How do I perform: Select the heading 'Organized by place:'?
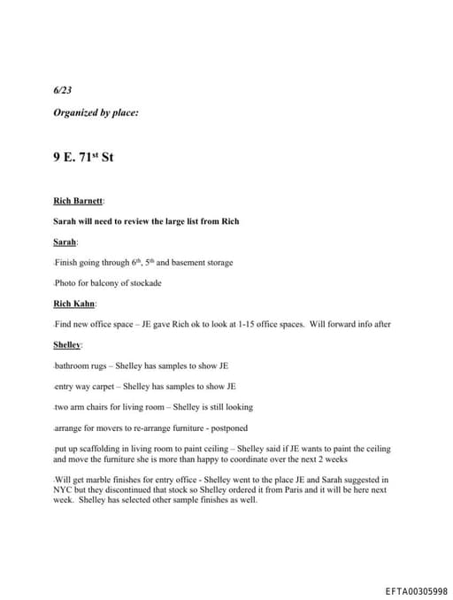pyautogui.click(x=96, y=112)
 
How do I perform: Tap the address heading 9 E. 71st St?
pyautogui.click(x=83, y=158)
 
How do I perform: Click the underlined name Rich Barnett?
pyautogui.click(x=78, y=201)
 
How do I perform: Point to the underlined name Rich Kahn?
pyautogui.click(x=73, y=304)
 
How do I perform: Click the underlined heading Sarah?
pyautogui.click(x=65, y=242)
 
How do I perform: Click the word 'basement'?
pyautogui.click(x=183, y=263)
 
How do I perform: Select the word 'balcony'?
pyautogui.click(x=106, y=283)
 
